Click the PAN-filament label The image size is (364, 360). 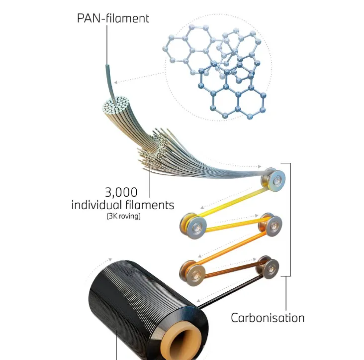(113, 19)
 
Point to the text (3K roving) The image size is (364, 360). (123, 216)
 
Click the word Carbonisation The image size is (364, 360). (268, 317)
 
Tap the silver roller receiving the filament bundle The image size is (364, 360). (273, 178)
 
